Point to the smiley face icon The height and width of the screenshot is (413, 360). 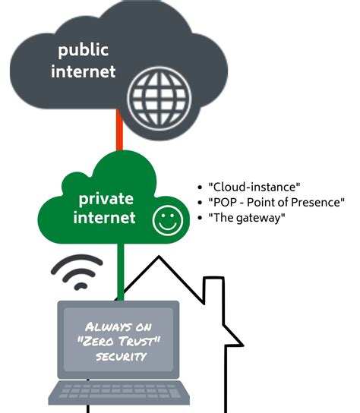click(x=166, y=221)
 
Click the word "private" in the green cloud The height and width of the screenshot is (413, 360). click(x=106, y=200)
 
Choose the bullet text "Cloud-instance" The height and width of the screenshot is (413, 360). click(x=254, y=187)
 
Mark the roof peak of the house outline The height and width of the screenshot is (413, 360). click(x=159, y=257)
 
